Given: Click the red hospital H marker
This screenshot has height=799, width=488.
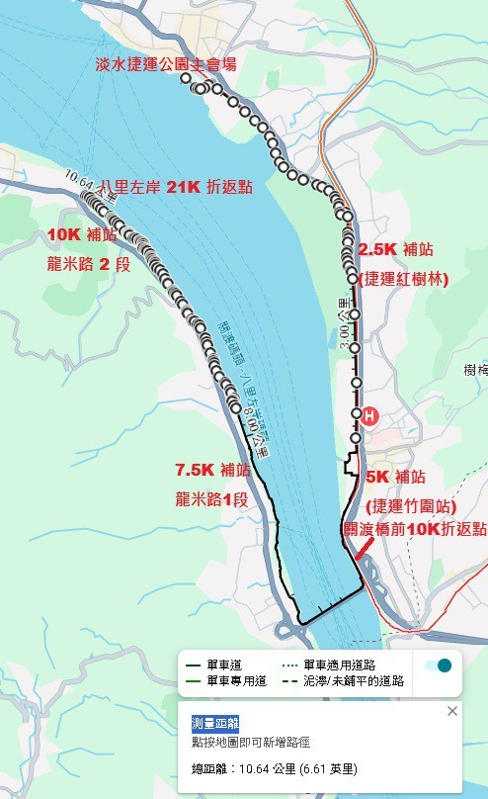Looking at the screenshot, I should (x=369, y=415).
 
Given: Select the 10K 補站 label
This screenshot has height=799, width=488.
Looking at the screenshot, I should (x=82, y=235).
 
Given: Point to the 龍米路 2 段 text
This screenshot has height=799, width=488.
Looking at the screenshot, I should (x=89, y=265).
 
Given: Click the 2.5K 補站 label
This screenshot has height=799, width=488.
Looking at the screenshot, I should (x=396, y=249).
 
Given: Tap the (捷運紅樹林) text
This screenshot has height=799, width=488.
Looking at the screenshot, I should (x=404, y=279).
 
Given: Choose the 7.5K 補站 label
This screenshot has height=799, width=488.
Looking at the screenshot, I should (x=212, y=469).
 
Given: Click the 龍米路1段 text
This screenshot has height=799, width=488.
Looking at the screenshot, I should (x=210, y=499).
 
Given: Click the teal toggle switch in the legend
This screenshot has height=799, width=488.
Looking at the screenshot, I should (x=439, y=666).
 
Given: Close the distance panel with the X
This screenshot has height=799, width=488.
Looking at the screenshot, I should (x=452, y=711).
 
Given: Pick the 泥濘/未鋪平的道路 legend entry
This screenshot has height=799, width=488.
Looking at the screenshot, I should (x=342, y=681).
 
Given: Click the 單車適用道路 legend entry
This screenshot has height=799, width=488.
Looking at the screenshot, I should (x=342, y=666).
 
